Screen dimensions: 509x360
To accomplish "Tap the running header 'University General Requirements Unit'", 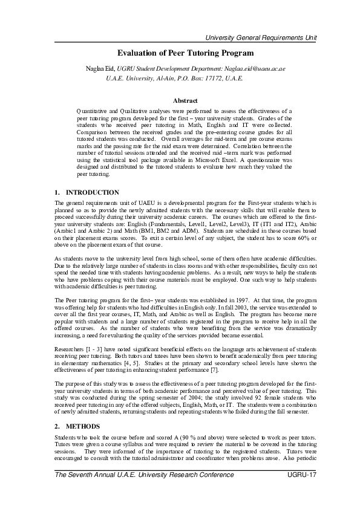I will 261,38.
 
